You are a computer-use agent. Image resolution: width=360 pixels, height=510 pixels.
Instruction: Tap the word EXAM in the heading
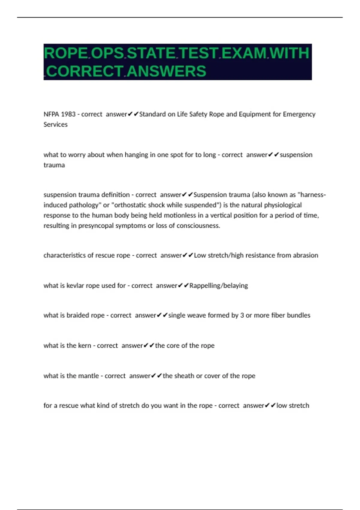(x=244, y=53)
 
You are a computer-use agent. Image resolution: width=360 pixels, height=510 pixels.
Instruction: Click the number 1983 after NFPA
(x=68, y=114)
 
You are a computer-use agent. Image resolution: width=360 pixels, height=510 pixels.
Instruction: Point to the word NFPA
(x=51, y=114)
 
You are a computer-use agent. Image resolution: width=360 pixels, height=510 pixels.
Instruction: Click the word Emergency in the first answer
(x=299, y=114)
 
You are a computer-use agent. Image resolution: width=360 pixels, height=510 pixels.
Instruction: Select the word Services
(x=55, y=124)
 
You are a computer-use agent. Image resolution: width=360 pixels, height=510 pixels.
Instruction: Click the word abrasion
(x=305, y=255)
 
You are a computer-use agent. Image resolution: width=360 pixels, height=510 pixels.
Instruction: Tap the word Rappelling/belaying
(x=219, y=286)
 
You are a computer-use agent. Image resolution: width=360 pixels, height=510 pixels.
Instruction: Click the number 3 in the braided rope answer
(x=242, y=315)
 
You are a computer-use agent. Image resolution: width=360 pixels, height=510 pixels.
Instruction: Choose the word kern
(x=85, y=346)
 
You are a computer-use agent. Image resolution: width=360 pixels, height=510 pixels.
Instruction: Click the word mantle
(x=88, y=376)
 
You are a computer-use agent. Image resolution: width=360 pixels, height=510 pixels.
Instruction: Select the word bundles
(x=298, y=315)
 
